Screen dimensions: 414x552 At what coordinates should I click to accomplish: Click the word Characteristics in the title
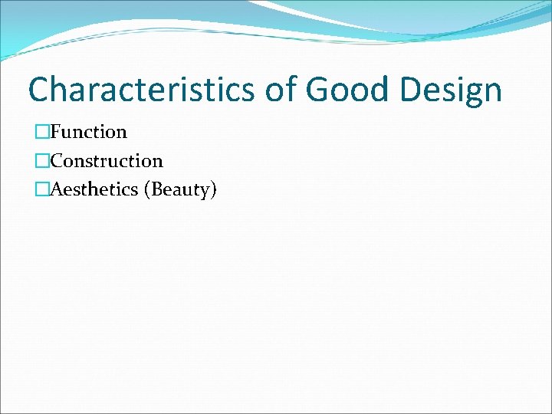[x=141, y=90]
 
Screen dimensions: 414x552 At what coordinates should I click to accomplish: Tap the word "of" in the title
[x=281, y=90]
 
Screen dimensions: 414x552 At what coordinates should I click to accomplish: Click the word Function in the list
[x=88, y=132]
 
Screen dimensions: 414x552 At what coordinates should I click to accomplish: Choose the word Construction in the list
[x=107, y=161]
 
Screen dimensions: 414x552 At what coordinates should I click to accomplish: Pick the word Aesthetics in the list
[x=96, y=189]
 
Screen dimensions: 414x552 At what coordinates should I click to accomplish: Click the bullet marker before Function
[x=41, y=132]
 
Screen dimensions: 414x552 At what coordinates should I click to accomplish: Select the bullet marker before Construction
[x=41, y=161]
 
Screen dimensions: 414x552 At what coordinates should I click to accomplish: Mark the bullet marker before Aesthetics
[x=41, y=189]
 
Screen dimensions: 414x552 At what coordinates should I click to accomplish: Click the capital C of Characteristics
[x=39, y=90]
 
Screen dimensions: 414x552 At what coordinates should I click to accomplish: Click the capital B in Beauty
[x=158, y=189]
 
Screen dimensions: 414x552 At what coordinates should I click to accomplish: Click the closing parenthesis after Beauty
[x=214, y=190]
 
